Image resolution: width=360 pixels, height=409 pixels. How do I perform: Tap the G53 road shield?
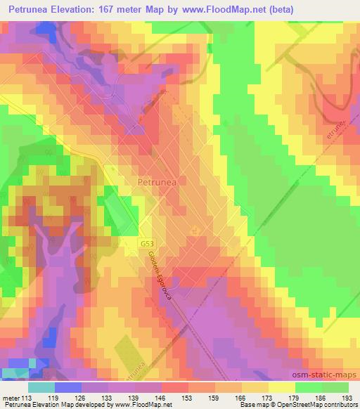pyautogui.click(x=146, y=242)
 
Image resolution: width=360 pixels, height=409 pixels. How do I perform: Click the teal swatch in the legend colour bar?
pyautogui.click(x=41, y=387)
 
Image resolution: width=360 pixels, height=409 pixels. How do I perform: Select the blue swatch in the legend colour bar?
pyautogui.click(x=67, y=387)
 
